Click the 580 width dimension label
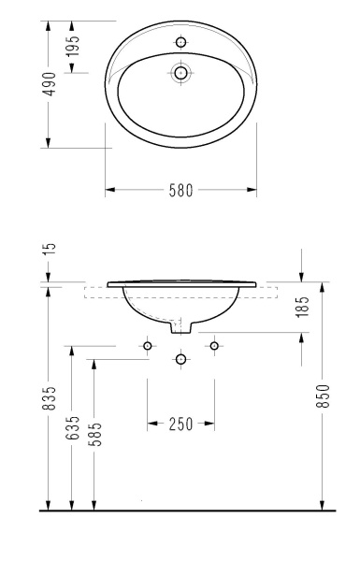180,190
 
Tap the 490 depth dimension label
49,84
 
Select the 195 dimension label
72,46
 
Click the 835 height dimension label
49,397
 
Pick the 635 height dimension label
72,427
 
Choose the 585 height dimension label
95,434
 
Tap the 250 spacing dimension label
180,424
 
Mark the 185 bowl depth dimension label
302,307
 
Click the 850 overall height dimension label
323,396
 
